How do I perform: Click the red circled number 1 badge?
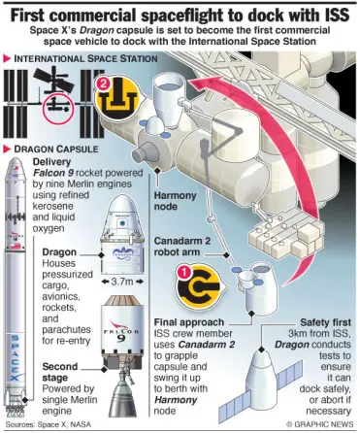point(183,273)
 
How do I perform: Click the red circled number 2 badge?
point(103,84)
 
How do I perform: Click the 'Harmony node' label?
point(175,201)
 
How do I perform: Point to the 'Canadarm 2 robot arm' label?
point(182,247)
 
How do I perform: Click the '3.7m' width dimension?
point(122,282)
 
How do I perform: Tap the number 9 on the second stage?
point(121,339)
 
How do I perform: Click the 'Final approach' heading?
point(189,322)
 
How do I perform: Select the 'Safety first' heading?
point(325,322)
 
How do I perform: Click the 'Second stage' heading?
point(60,372)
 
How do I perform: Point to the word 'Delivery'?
point(51,162)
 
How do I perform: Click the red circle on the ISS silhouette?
point(58,109)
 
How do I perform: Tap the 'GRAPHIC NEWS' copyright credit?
point(320,424)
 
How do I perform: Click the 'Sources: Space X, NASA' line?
point(49,424)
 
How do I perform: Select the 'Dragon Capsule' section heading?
point(56,150)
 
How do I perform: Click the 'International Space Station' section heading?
point(85,59)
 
